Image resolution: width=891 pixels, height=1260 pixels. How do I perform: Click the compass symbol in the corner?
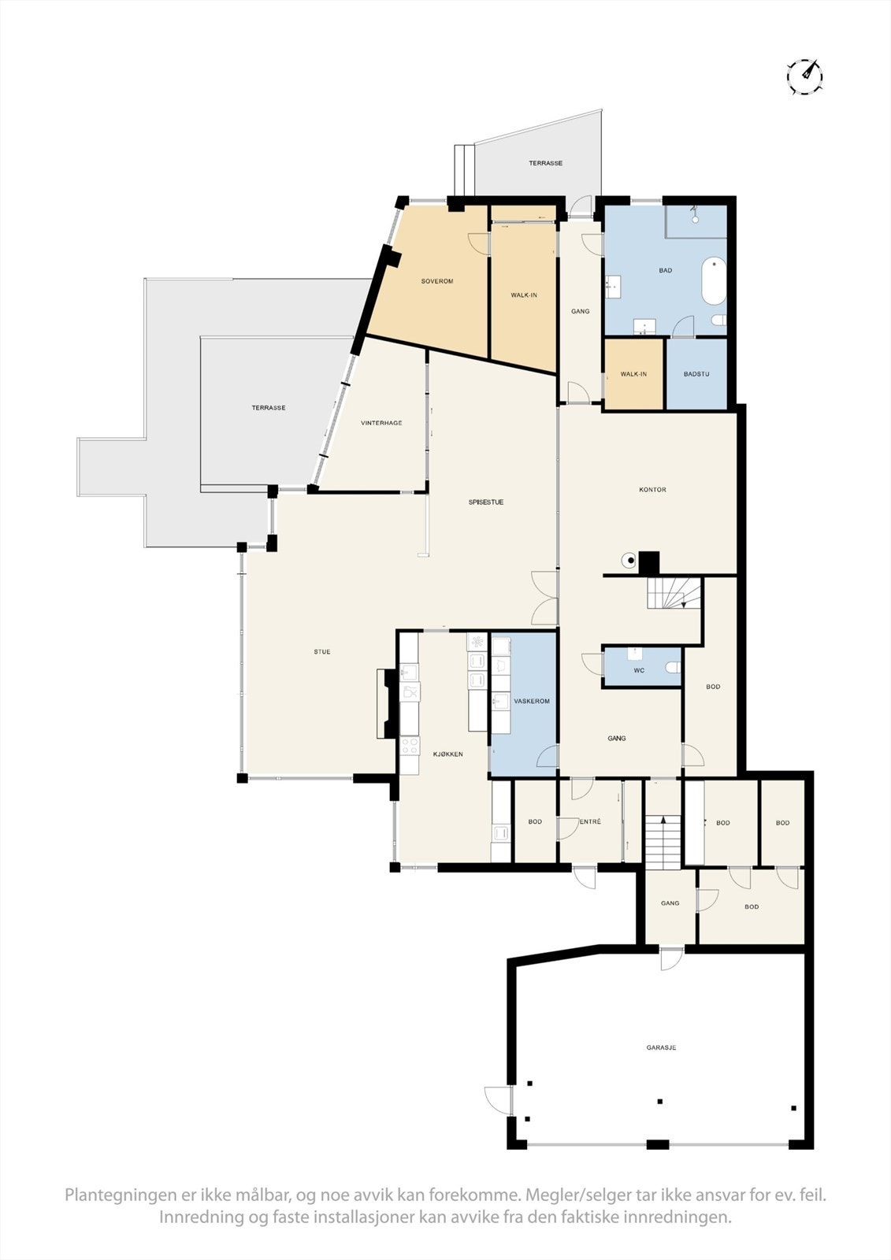[x=804, y=76]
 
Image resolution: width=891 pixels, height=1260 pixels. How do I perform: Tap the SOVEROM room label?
[x=437, y=281]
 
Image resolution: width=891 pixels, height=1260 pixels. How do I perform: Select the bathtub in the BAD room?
[x=714, y=281]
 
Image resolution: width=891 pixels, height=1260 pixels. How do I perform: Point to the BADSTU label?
[x=696, y=374]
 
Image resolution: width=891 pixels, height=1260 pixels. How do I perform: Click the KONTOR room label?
[x=652, y=490]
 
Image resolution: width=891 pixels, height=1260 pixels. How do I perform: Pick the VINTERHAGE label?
[x=381, y=423]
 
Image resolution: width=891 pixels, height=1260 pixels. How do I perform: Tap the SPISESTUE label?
[x=486, y=502]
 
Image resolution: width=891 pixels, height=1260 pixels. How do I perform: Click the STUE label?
[x=321, y=652]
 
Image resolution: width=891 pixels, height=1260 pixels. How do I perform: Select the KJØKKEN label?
[x=447, y=754]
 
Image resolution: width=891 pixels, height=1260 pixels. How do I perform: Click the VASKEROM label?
[x=531, y=701]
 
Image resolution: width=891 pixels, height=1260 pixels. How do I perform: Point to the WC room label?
[x=639, y=671]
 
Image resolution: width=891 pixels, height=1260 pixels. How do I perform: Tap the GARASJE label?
[x=661, y=1047]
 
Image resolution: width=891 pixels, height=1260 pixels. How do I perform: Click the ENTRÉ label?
[x=590, y=822]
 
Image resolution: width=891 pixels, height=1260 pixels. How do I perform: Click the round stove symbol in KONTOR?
[x=629, y=561]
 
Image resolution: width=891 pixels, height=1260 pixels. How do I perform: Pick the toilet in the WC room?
[x=672, y=668]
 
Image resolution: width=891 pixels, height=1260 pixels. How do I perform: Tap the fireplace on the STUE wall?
[x=386, y=703]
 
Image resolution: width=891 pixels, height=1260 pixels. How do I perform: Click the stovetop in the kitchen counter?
[x=410, y=745]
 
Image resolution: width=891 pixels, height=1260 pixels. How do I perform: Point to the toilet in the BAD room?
[x=717, y=320]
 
